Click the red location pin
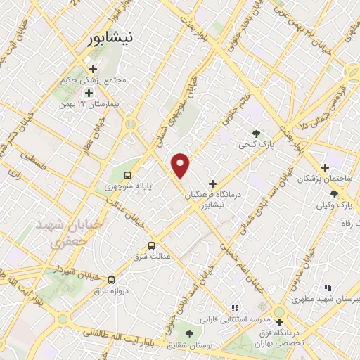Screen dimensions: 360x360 pyautogui.click(x=181, y=165)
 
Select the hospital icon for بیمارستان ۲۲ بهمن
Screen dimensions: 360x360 pyautogui.click(x=89, y=93)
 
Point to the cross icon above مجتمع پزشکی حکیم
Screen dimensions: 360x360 pyautogui.click(x=93, y=69)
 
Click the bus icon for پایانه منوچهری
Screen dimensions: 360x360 pyautogui.click(x=127, y=175)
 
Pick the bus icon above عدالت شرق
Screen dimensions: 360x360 pyautogui.click(x=151, y=245)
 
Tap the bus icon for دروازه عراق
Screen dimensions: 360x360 pyautogui.click(x=111, y=279)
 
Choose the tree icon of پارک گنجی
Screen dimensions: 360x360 pyautogui.click(x=257, y=134)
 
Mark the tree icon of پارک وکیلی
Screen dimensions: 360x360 pyautogui.click(x=334, y=193)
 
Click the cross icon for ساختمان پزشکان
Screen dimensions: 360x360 pyautogui.click(x=324, y=167)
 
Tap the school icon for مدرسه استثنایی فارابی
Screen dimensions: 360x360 pyautogui.click(x=235, y=307)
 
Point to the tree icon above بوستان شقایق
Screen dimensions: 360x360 pyautogui.click(x=189, y=333)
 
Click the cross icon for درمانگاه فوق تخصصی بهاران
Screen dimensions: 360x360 pyautogui.click(x=279, y=322)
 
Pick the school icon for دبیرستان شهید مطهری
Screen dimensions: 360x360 pyautogui.click(x=327, y=288)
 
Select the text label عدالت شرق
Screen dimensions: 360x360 pyautogui.click(x=152, y=257)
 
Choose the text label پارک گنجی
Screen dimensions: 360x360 pyautogui.click(x=255, y=146)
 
